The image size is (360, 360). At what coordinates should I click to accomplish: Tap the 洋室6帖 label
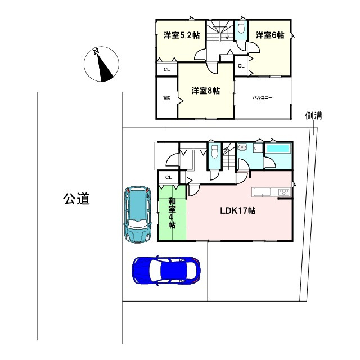270,35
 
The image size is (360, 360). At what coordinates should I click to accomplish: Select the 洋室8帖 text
205,90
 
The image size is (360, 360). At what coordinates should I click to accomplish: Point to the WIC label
166,98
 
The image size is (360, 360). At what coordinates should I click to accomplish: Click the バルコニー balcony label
262,98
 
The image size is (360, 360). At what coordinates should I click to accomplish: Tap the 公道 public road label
76,199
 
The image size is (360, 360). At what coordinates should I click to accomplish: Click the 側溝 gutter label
314,116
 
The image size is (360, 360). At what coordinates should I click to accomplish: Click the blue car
166,271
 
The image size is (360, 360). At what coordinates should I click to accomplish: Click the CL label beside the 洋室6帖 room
241,66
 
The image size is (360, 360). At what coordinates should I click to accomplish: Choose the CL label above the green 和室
168,178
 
